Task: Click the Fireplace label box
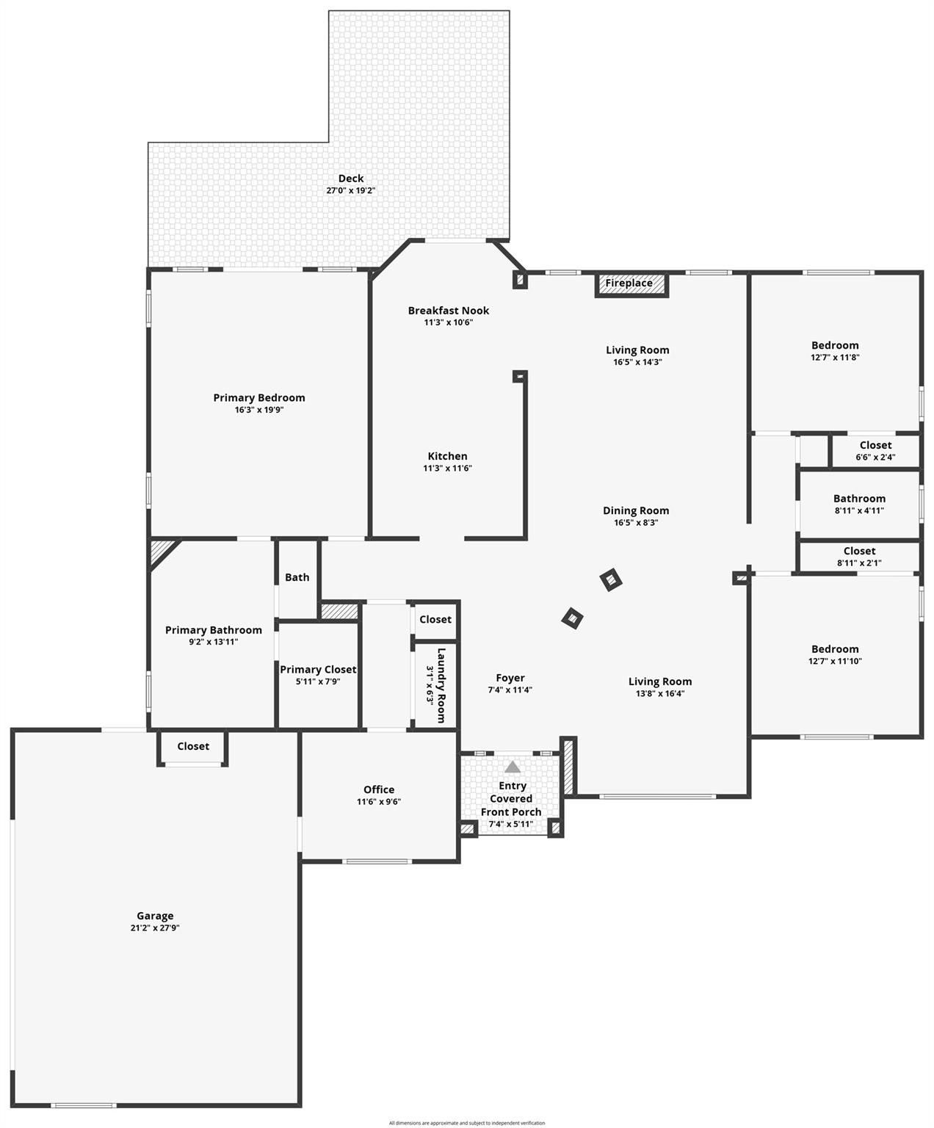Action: [629, 283]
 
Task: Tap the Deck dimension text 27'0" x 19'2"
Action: [351, 191]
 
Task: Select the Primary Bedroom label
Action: [259, 398]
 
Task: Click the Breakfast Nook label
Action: [448, 311]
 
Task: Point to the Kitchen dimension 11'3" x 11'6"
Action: [447, 469]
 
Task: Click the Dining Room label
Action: [636, 511]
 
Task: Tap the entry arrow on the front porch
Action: [513, 767]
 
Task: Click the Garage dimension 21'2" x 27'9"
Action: [155, 928]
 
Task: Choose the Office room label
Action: [379, 789]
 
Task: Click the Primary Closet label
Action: [318, 670]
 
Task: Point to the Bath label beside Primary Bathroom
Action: [297, 577]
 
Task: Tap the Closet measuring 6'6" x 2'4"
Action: [875, 451]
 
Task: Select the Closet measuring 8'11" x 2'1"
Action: [859, 557]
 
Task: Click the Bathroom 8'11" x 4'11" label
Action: [859, 504]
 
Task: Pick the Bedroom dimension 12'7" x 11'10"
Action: [835, 661]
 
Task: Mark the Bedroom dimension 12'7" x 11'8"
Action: [835, 358]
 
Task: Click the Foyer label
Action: [510, 679]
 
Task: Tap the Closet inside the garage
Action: [193, 746]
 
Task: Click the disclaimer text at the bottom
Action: [467, 1123]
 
